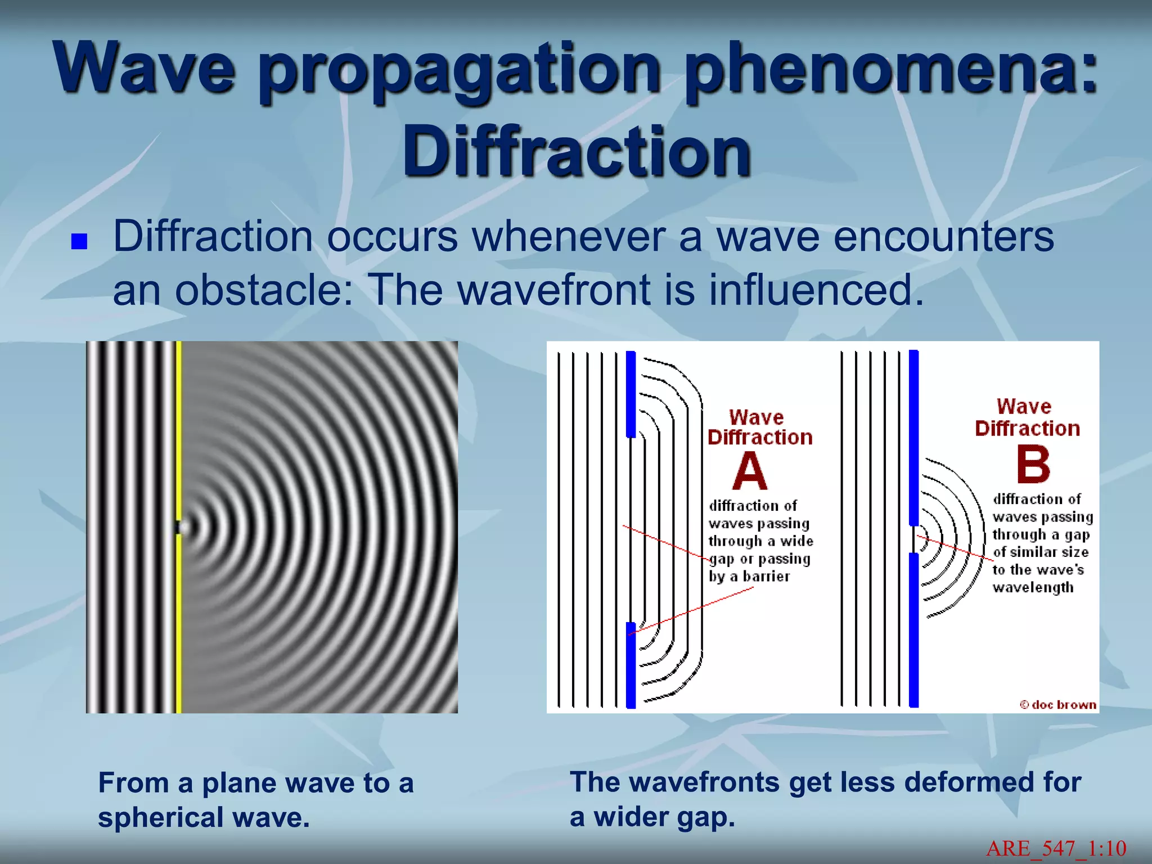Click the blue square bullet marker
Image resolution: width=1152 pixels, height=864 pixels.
click(x=79, y=241)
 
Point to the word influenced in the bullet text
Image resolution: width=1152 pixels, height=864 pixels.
click(x=816, y=290)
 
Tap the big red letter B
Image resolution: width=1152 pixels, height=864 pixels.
click(x=1033, y=465)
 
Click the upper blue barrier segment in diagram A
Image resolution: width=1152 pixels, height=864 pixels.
click(x=631, y=394)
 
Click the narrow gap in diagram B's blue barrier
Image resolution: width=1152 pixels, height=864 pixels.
click(x=913, y=539)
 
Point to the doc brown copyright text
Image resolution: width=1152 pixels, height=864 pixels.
click(x=1058, y=705)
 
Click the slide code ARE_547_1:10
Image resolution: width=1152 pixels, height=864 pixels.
click(x=1056, y=848)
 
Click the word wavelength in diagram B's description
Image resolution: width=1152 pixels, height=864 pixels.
click(x=1033, y=587)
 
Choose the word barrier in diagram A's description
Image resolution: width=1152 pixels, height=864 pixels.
click(x=766, y=577)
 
